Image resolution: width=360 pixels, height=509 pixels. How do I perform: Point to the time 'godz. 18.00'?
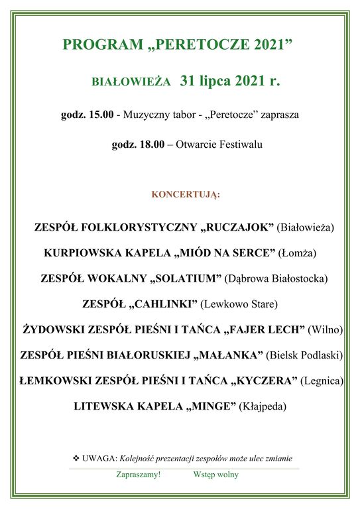[138, 144]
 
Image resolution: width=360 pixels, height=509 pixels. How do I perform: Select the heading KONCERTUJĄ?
[186, 195]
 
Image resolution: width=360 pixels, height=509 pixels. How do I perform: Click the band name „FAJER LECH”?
[265, 329]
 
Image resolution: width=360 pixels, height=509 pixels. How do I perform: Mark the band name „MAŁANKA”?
[227, 355]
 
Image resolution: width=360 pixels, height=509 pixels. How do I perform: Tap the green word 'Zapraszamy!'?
[138, 475]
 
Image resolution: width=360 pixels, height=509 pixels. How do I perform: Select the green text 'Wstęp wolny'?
[216, 475]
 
